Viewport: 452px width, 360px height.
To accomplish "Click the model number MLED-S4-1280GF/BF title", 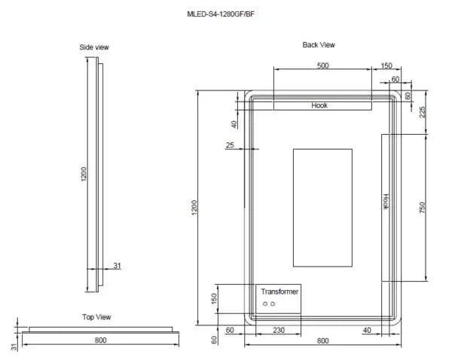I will pos(224,14).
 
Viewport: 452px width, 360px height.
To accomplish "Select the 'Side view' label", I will pos(94,47).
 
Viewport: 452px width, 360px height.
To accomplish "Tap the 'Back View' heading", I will pos(319,45).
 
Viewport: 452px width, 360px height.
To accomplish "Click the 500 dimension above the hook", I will pos(322,66).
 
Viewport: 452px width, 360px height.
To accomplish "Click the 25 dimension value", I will pos(230,145).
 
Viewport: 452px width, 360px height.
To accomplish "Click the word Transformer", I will pos(279,291).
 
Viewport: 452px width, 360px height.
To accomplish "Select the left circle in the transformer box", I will pos(264,304).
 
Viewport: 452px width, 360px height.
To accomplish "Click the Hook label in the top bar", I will pos(319,106).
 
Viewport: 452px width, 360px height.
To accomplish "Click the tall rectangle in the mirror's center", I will pos(322,208).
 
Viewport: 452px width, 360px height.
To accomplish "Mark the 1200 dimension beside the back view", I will pos(194,208).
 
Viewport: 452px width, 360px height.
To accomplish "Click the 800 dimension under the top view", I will pos(100,340).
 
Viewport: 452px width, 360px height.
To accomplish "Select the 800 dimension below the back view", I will pos(322,341).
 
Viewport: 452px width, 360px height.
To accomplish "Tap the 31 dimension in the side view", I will pos(118,265).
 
